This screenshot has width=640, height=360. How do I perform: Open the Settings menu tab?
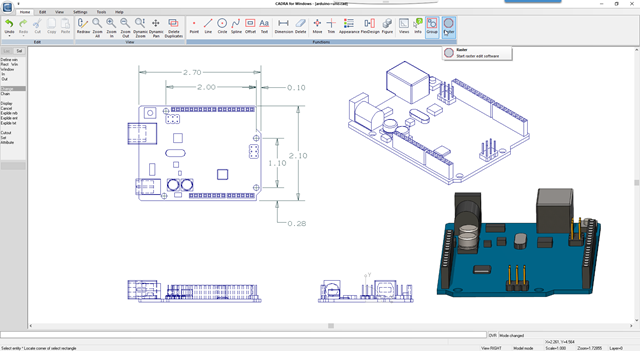80,11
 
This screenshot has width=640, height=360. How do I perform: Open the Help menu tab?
119,11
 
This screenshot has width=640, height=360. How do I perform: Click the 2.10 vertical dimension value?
297,156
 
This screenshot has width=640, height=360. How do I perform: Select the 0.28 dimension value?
296,223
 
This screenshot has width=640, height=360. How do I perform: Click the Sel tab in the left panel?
19,50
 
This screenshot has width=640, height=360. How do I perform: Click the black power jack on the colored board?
471,214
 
